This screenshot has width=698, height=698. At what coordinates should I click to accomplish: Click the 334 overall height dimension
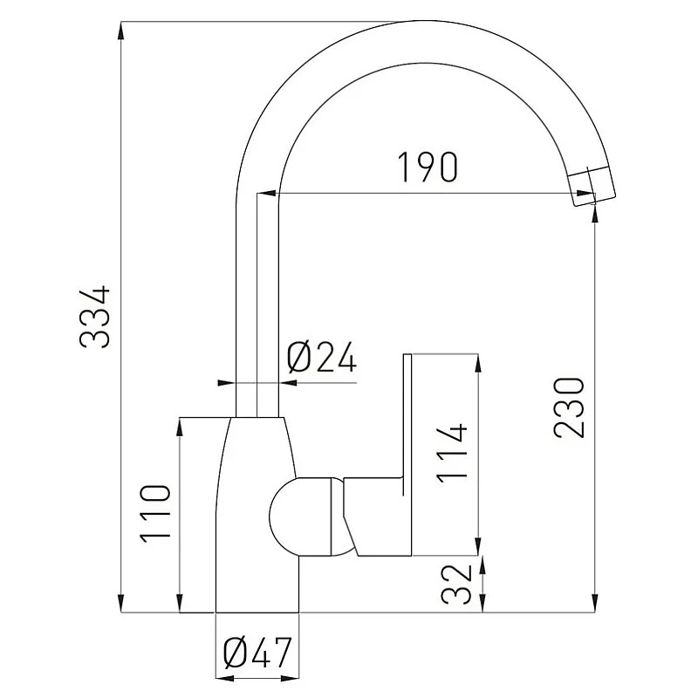click(94, 316)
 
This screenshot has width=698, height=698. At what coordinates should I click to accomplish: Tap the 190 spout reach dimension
click(427, 168)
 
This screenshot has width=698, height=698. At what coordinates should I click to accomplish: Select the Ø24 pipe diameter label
click(322, 358)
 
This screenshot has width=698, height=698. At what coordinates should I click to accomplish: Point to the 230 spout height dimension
click(568, 407)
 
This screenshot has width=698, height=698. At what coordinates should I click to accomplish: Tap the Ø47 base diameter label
click(257, 654)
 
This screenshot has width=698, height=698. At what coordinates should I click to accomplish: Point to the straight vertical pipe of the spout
click(258, 305)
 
